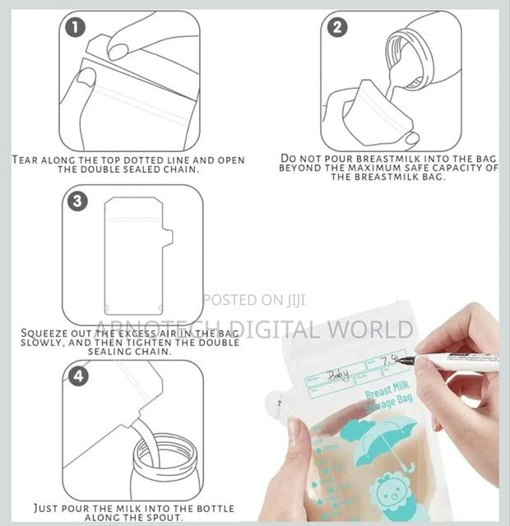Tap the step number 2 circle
pos(337,27)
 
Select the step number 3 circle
pos(76,201)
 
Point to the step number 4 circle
pos(76,376)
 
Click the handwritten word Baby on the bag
pos(337,376)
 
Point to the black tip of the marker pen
pos(404,360)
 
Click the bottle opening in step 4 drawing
pos(166,449)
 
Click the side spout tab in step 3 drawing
pos(167,238)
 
